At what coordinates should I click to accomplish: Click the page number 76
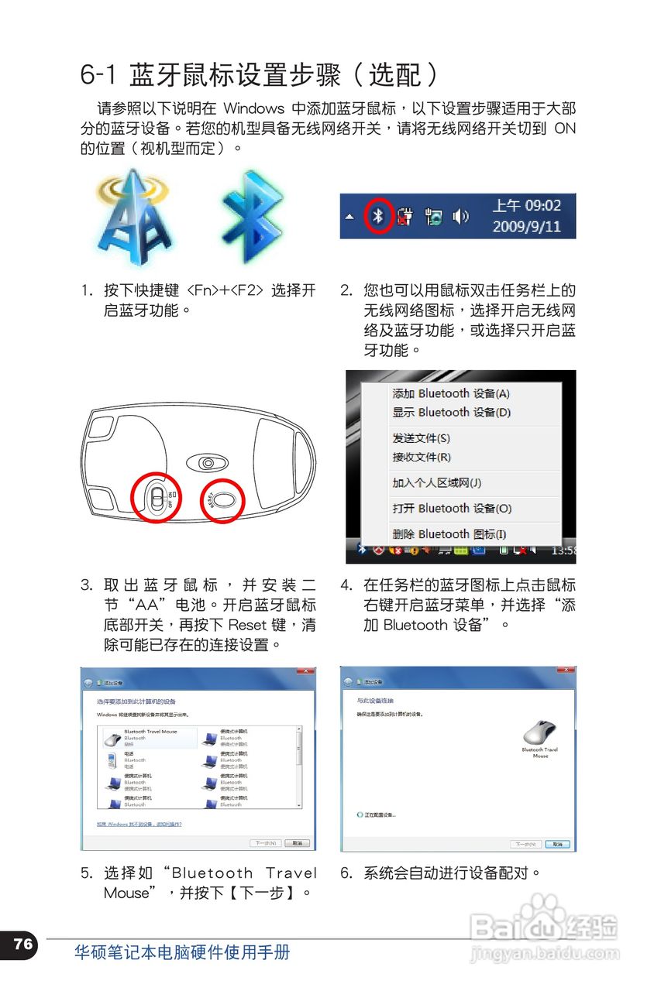click(x=22, y=944)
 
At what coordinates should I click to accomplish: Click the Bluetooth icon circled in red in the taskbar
click(x=378, y=216)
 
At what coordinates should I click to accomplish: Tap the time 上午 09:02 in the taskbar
click(x=526, y=206)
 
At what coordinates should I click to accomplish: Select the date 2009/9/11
click(x=526, y=228)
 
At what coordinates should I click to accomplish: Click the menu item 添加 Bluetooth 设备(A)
click(x=450, y=393)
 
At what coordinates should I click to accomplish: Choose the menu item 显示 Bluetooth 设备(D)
click(x=451, y=413)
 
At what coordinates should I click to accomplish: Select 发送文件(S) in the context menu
click(x=421, y=438)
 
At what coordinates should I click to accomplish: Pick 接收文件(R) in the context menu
click(x=421, y=457)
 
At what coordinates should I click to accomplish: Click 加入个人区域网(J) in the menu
click(x=436, y=483)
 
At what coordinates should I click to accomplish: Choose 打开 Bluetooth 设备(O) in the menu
click(x=452, y=509)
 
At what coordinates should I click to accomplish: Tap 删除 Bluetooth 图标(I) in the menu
click(x=449, y=534)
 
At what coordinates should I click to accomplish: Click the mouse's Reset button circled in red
click(x=225, y=499)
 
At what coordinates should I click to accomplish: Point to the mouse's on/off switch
click(x=157, y=496)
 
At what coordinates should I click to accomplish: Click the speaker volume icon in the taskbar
click(x=460, y=217)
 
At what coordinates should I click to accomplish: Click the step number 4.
click(x=346, y=585)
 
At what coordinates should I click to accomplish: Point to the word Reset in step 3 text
click(x=248, y=625)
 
